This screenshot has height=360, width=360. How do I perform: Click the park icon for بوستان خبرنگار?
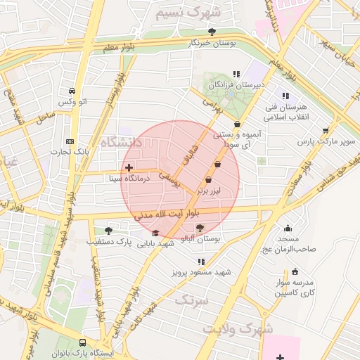pos(212,31)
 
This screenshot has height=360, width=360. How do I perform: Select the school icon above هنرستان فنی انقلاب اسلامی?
pos(285,96)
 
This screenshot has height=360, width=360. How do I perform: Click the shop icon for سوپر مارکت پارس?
pos(325,130)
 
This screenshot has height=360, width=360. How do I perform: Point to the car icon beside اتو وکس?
pos(72,91)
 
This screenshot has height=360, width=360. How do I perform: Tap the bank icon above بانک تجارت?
pos(68,140)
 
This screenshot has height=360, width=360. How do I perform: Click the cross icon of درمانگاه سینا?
pos(127,167)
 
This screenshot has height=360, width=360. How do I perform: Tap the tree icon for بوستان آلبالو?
pos(200,228)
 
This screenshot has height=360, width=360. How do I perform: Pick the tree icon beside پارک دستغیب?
pos(108,230)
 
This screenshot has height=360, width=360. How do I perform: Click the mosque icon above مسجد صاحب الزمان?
pos(288,228)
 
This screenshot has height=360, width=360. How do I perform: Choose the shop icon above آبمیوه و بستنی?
pos(238,124)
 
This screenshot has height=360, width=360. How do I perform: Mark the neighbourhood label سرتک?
pos(185,300)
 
